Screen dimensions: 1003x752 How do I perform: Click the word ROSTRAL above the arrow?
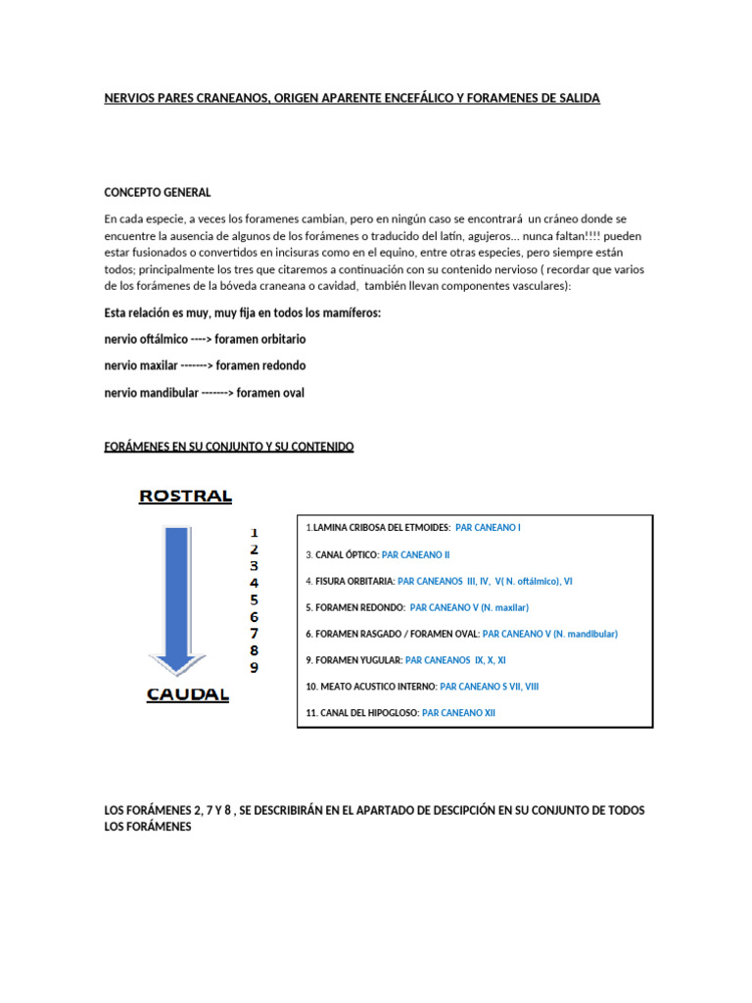pos(185,496)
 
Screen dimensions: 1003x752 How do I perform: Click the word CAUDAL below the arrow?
pos(187,694)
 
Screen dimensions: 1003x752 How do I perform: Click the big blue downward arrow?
pos(177,597)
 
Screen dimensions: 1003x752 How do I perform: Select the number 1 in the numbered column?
pos(254,532)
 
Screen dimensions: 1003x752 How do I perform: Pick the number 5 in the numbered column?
pos(254,599)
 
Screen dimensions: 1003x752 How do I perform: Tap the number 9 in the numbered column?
pos(254,668)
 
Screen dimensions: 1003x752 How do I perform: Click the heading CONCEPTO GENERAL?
pos(157,192)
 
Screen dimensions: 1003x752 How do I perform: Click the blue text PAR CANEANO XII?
pos(458,713)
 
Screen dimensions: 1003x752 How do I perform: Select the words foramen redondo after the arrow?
pos(260,365)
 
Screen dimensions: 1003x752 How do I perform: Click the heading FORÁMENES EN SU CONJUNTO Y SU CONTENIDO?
pos(229,447)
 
